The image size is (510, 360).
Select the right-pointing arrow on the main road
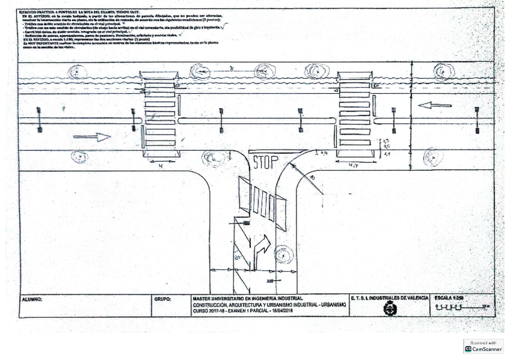91,137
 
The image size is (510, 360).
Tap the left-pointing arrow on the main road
435,106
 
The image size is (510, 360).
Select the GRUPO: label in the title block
164,299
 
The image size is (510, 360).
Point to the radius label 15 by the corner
312,179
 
